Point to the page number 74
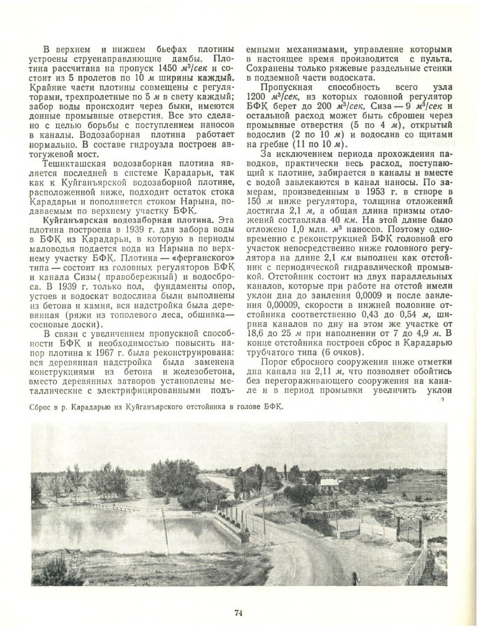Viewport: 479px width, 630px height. pyautogui.click(x=239, y=613)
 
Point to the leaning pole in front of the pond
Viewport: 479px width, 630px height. pyautogui.click(x=165, y=530)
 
